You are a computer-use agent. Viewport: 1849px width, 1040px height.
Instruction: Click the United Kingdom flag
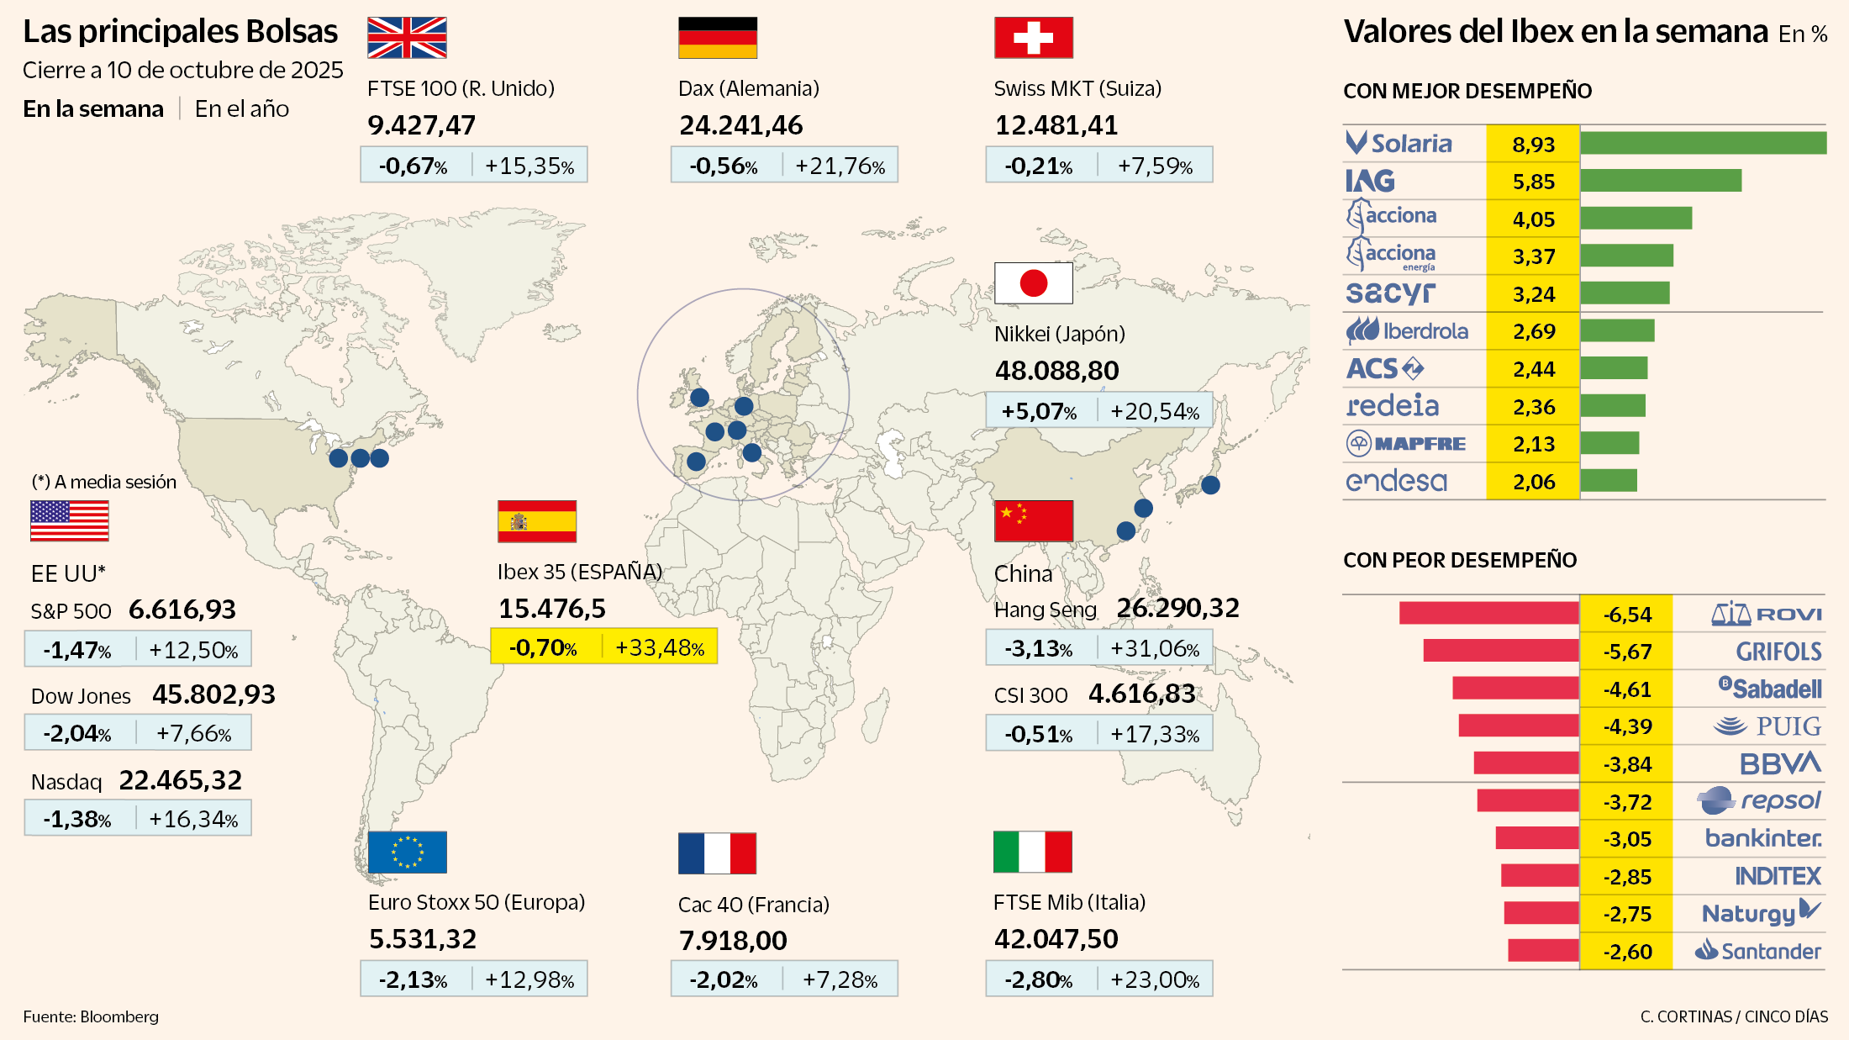pyautogui.click(x=407, y=38)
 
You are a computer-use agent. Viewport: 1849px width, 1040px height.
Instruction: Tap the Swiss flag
pyautogui.click(x=1033, y=38)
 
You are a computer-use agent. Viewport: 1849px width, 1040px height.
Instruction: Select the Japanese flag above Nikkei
pyautogui.click(x=1033, y=283)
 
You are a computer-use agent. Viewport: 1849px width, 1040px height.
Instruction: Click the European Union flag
pyautogui.click(x=407, y=853)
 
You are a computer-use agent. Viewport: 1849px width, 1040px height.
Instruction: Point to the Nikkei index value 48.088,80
pyautogui.click(x=1056, y=371)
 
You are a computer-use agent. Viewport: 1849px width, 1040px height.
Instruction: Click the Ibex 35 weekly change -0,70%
pyautogui.click(x=543, y=647)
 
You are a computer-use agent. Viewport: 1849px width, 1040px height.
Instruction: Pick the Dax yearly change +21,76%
pyautogui.click(x=840, y=166)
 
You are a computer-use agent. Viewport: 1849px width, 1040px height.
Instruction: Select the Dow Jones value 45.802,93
pyautogui.click(x=213, y=694)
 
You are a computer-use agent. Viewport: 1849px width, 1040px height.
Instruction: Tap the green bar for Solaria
pyautogui.click(x=1703, y=143)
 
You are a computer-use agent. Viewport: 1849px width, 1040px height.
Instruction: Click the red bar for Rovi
pyautogui.click(x=1488, y=613)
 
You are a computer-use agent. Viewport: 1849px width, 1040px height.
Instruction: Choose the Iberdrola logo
pyautogui.click(x=1408, y=331)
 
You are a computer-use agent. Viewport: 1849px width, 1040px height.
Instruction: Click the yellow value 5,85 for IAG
pyautogui.click(x=1533, y=182)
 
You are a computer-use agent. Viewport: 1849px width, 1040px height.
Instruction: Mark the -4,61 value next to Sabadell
pyautogui.click(x=1626, y=689)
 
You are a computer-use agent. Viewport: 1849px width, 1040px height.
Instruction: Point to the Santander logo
pyautogui.click(x=1757, y=951)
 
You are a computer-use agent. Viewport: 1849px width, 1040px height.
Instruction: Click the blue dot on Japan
pyautogui.click(x=1210, y=484)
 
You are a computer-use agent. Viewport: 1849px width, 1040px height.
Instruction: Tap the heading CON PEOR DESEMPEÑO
pyautogui.click(x=1460, y=560)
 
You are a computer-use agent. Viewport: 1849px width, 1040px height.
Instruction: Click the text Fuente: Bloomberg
pyautogui.click(x=91, y=1016)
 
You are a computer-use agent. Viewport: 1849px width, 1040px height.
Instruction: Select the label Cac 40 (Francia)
pyautogui.click(x=753, y=905)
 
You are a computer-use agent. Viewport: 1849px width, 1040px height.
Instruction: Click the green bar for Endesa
pyautogui.click(x=1609, y=481)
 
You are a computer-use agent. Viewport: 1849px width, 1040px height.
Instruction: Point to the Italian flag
pyautogui.click(x=1032, y=853)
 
